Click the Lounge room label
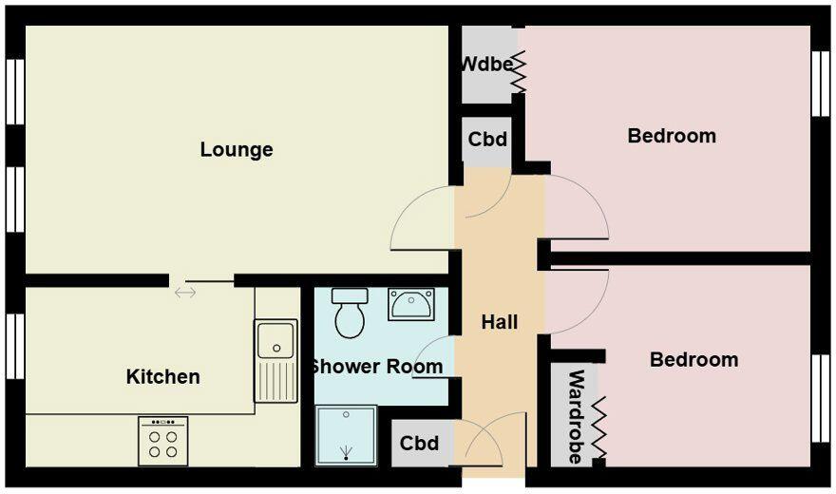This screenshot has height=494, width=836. coord(237,150)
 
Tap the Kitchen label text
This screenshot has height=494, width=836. coord(163,377)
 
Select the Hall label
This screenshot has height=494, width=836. coord(500,322)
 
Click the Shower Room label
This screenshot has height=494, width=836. coord(376,367)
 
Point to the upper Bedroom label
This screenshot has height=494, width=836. coord(672,136)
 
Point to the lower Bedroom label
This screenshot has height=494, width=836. coord(693,360)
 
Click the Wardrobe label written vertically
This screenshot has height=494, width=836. coord(576,417)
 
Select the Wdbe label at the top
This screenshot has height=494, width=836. coord(486,65)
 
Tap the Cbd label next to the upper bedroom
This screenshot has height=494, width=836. coord(487,139)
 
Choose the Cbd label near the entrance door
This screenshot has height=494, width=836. coord(419,444)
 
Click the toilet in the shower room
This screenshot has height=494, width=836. coord(350,313)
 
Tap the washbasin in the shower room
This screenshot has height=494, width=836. coord(411,304)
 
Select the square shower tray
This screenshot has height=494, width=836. coord(346,435)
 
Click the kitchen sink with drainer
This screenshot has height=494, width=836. coord(276,360)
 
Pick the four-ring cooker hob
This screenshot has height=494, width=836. coord(162,441)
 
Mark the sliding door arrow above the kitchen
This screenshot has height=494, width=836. coord(185,292)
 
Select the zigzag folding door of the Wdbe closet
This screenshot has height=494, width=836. coord(519,72)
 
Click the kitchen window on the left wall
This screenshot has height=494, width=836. coord(14,346)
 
